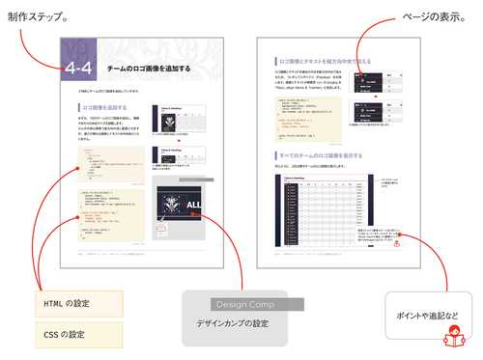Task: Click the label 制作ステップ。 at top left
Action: click(x=38, y=17)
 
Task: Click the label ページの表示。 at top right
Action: click(x=440, y=17)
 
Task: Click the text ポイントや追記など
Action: click(x=427, y=316)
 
